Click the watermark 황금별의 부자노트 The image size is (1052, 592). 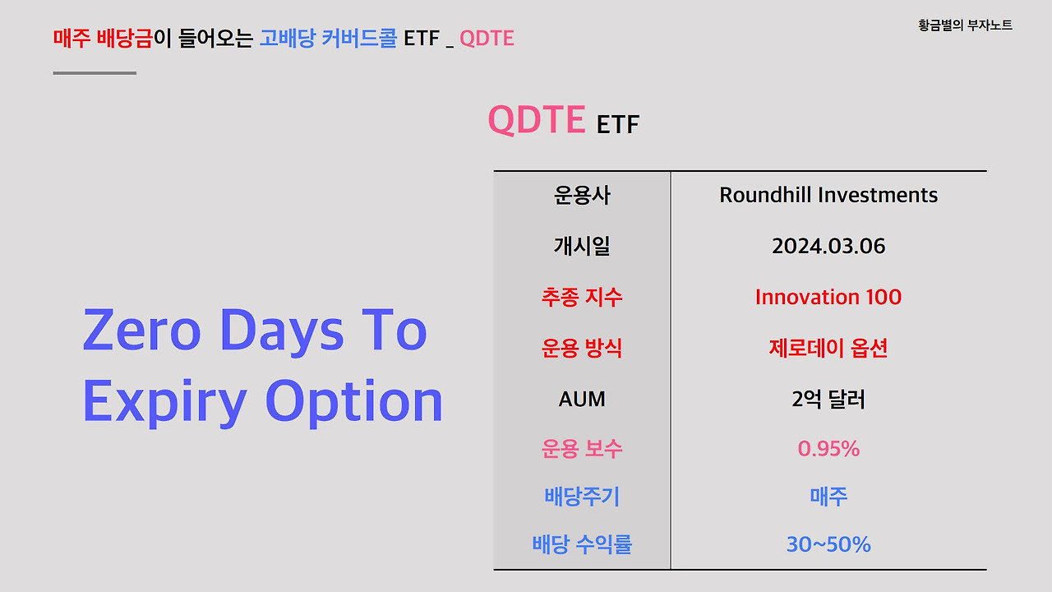point(965,25)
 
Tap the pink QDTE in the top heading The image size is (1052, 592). point(487,38)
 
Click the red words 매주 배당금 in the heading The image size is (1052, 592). point(103,38)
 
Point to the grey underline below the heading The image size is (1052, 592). point(95,73)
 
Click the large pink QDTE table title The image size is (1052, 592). point(537,120)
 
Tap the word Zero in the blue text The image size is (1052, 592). point(142,331)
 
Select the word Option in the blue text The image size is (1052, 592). point(354,401)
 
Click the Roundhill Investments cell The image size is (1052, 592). point(828,195)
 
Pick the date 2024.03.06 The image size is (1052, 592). point(828,246)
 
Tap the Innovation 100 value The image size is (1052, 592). point(828,297)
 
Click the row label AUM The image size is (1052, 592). point(582,400)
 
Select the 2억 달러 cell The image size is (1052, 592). point(828,400)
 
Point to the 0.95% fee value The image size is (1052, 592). point(828,449)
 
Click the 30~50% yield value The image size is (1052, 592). point(828,544)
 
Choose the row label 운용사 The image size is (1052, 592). point(582,195)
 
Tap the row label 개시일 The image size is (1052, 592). point(582,246)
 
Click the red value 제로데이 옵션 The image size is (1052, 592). point(828,348)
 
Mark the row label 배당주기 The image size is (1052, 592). point(582,497)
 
